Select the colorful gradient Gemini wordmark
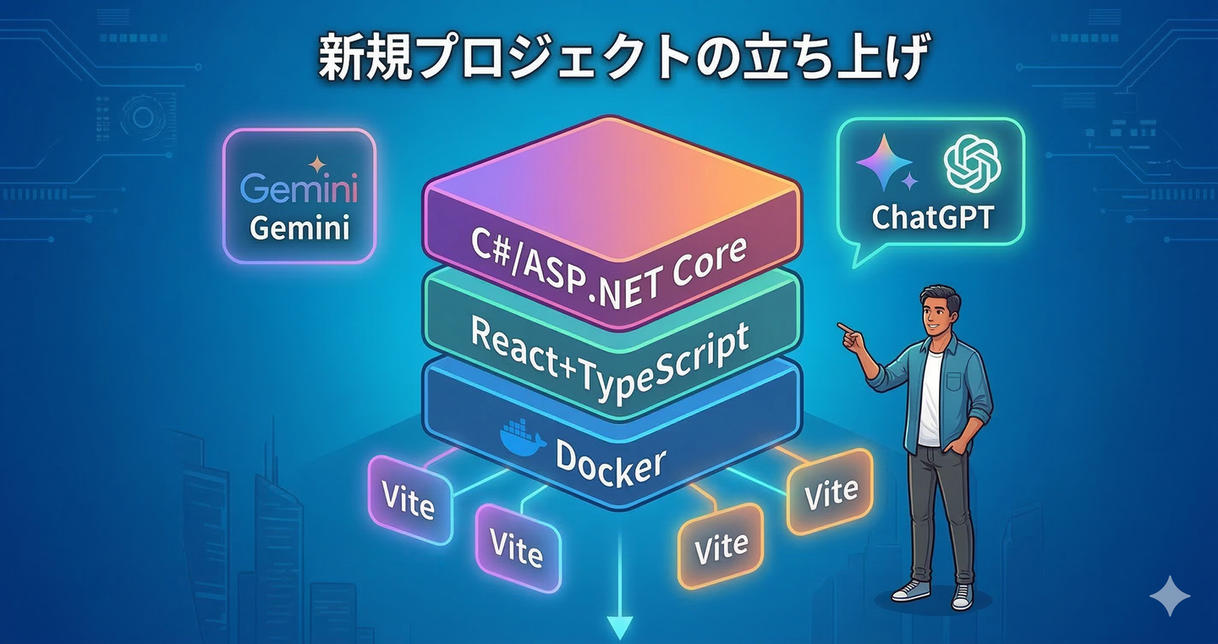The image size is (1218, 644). (x=299, y=188)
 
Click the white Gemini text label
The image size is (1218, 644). (x=299, y=228)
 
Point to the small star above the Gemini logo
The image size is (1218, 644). (x=316, y=163)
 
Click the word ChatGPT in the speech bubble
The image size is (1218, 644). (x=933, y=217)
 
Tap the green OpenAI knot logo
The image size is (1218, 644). (x=973, y=162)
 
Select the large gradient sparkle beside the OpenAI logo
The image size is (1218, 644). (x=884, y=162)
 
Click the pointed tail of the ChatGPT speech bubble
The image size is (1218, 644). (x=855, y=266)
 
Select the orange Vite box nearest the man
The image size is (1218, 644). (x=830, y=491)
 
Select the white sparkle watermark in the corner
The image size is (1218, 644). (x=1170, y=596)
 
